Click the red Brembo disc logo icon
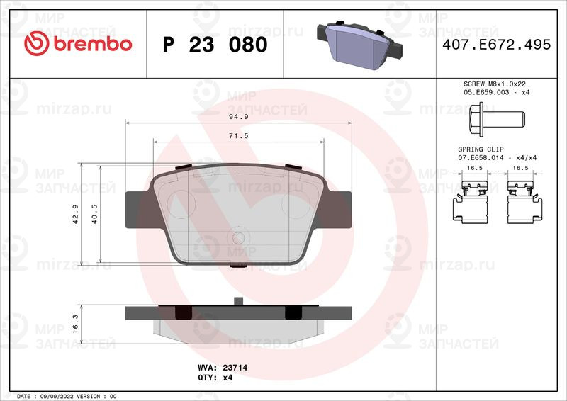point(37,43)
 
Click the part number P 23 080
point(215,45)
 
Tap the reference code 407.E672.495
point(497,45)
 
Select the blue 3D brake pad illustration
point(359,45)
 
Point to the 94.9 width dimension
point(239,117)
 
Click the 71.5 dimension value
point(239,136)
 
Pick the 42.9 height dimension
point(76,214)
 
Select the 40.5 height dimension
point(94,214)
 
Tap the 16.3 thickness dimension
point(76,324)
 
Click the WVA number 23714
point(235,368)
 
